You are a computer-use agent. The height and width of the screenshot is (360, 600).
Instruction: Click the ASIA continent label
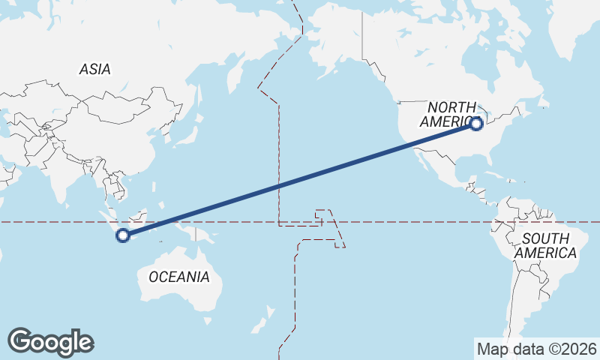tap(94, 69)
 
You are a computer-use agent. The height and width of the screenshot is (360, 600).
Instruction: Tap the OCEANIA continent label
tap(179, 277)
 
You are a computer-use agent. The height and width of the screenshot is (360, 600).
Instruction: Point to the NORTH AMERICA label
tap(451, 115)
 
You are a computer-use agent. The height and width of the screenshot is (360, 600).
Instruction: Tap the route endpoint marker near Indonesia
tap(123, 235)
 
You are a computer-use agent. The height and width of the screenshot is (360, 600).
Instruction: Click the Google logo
tap(50, 342)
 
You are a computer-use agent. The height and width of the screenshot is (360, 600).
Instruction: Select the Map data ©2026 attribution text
tap(536, 349)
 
